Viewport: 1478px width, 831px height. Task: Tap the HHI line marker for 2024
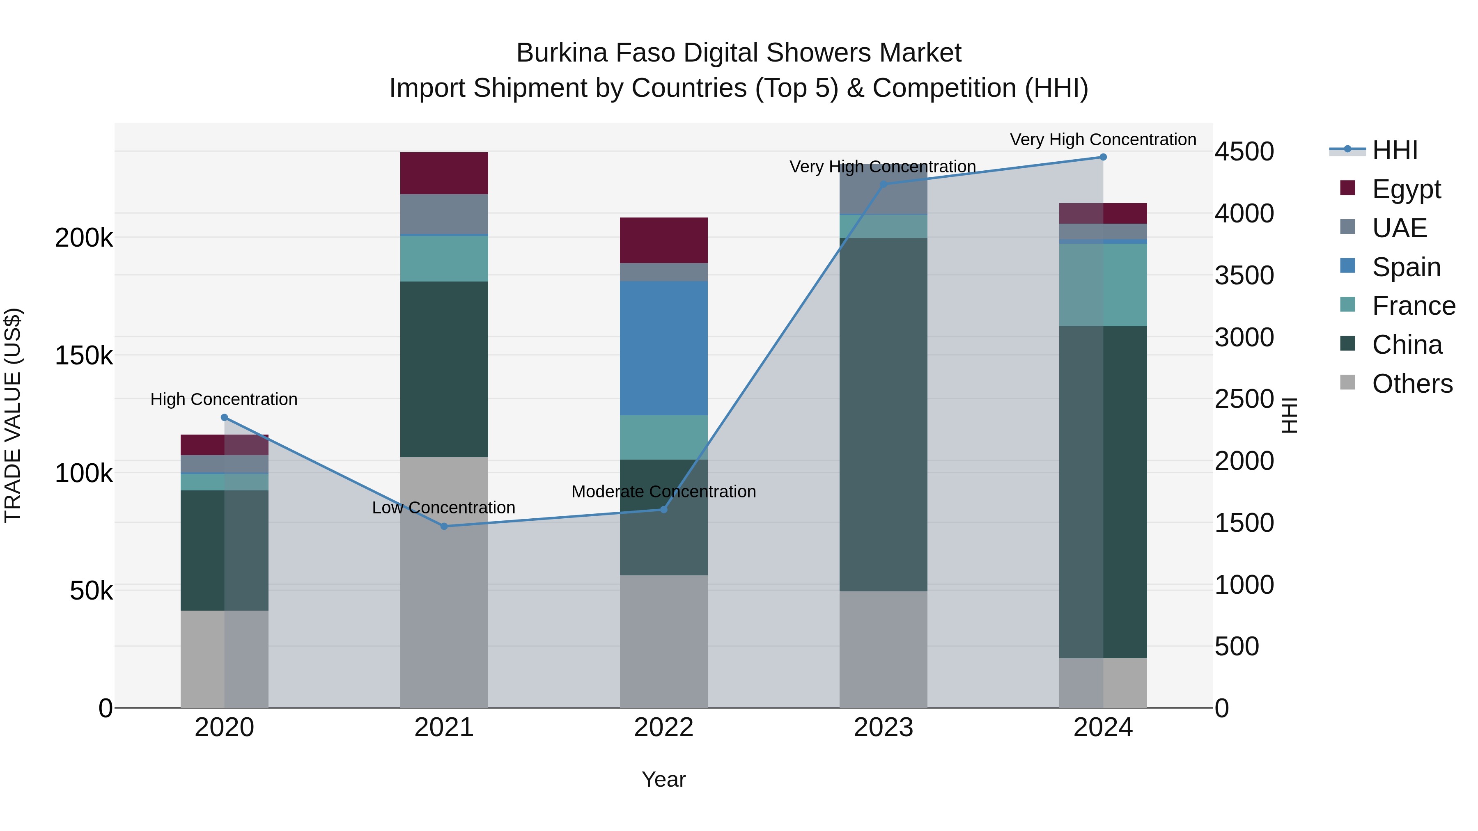pyautogui.click(x=1103, y=157)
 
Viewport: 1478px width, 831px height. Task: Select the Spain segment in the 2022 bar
pyautogui.click(x=663, y=348)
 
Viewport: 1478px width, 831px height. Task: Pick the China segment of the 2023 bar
pyautogui.click(x=883, y=414)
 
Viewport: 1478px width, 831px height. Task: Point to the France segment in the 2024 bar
pyautogui.click(x=1103, y=285)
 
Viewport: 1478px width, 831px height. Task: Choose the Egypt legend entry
pyautogui.click(x=1406, y=189)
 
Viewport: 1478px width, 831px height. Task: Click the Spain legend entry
pyautogui.click(x=1406, y=267)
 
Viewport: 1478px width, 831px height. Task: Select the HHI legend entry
pyautogui.click(x=1394, y=150)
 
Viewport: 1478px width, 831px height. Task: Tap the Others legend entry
pyautogui.click(x=1411, y=384)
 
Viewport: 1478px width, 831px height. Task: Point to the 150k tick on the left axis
pyautogui.click(x=84, y=355)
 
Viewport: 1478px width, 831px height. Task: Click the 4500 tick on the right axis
pyautogui.click(x=1244, y=152)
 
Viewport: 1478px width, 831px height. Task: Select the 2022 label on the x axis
pyautogui.click(x=663, y=728)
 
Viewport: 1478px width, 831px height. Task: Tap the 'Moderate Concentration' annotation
pyautogui.click(x=663, y=492)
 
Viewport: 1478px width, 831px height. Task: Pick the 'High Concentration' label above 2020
pyautogui.click(x=224, y=399)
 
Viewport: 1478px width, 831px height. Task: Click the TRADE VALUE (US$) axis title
pyautogui.click(x=13, y=415)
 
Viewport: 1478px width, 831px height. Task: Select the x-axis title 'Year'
pyautogui.click(x=663, y=779)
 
